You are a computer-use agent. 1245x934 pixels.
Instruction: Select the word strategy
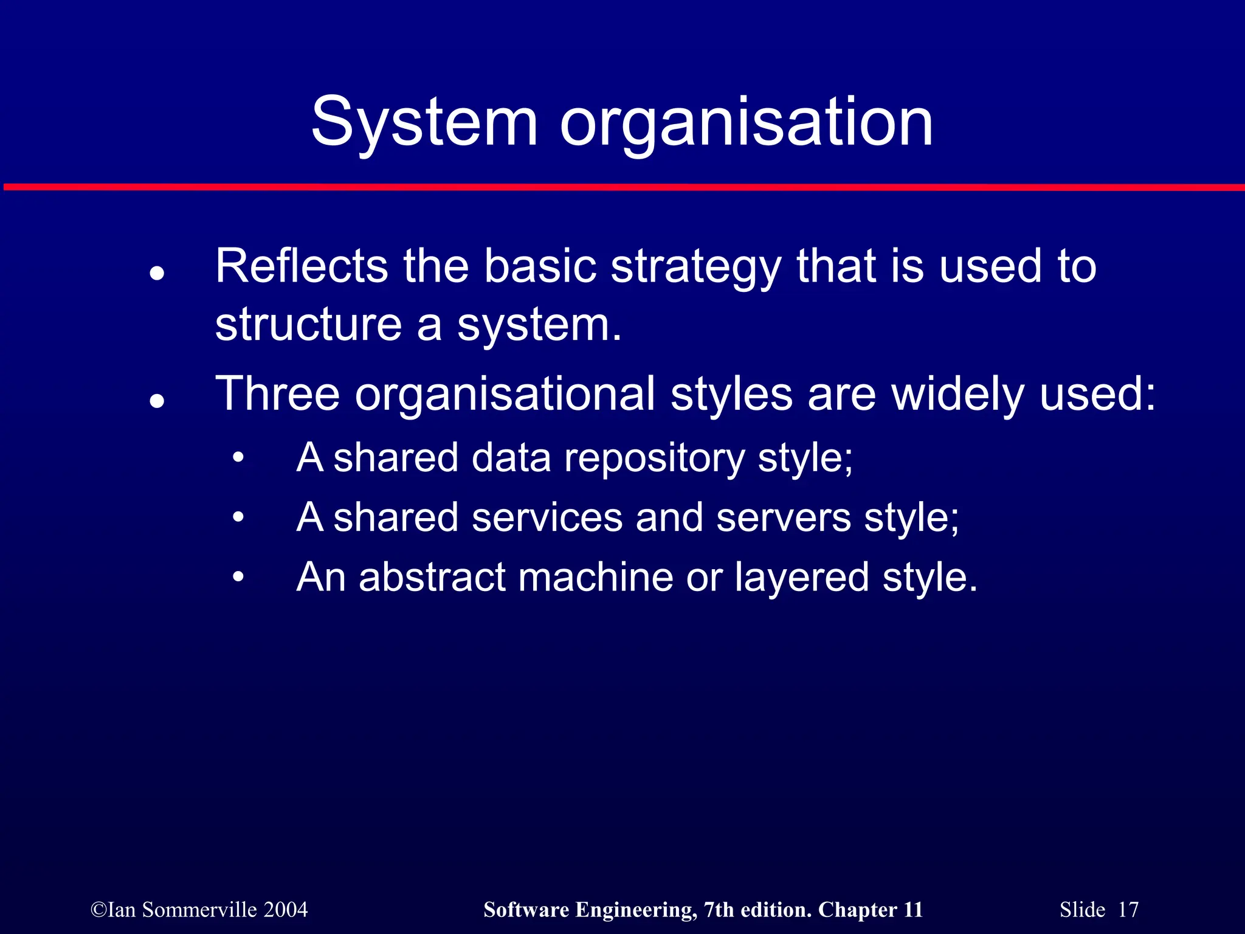coord(695,268)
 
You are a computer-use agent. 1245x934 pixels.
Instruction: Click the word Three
coord(277,393)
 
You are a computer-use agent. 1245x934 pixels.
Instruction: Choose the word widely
coord(957,394)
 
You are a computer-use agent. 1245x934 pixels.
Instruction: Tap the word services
coord(547,517)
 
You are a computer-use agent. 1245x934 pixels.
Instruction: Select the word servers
coord(783,517)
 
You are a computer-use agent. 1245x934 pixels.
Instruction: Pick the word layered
coord(801,578)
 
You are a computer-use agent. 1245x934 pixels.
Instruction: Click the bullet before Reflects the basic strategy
coord(157,274)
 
